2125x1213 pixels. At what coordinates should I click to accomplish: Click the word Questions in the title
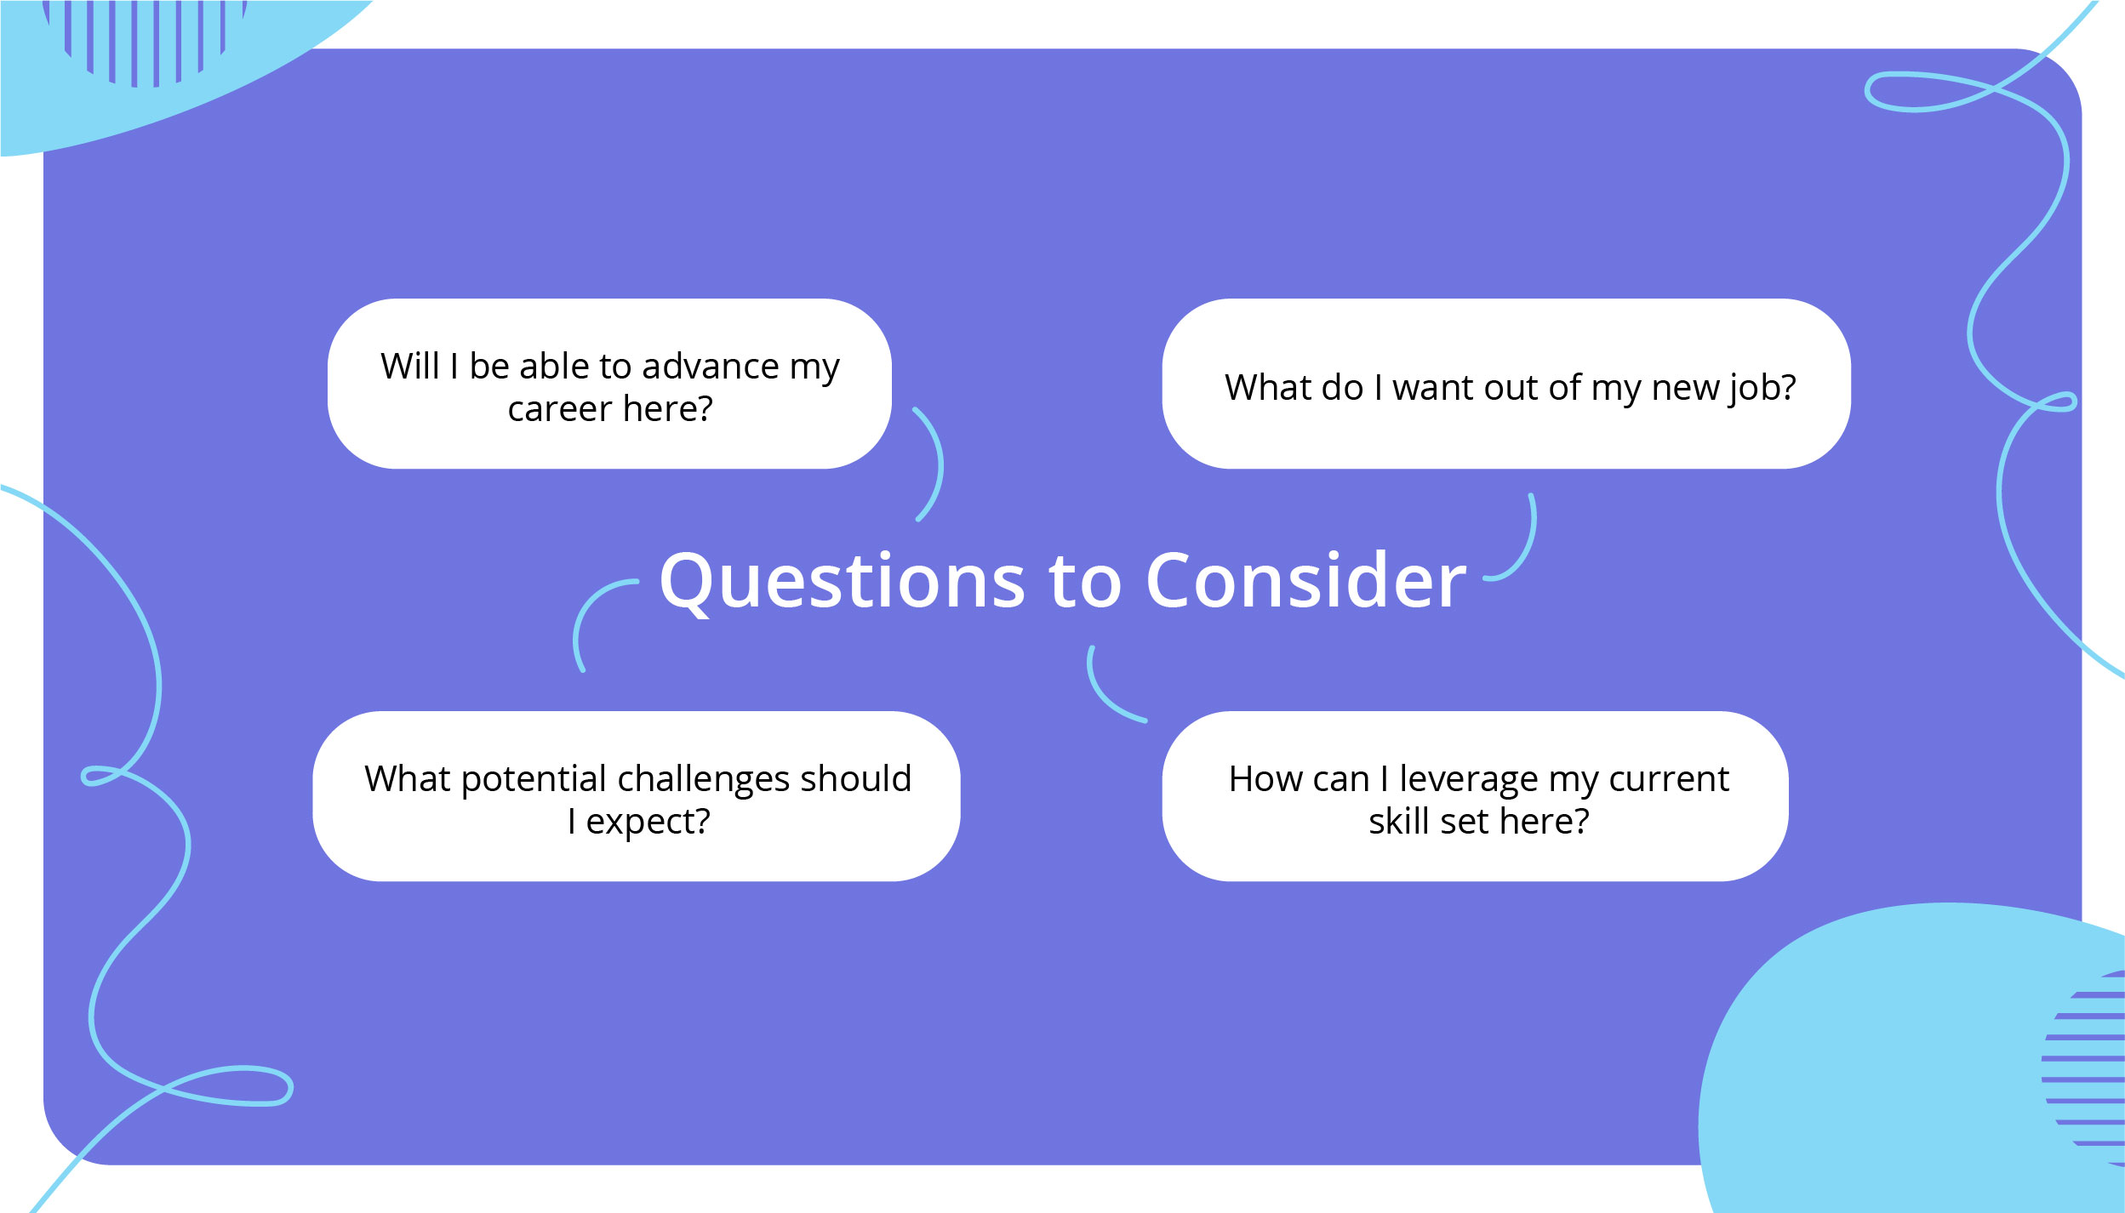point(843,584)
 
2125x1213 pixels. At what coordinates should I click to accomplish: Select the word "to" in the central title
point(1086,584)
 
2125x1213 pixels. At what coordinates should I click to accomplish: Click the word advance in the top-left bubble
point(711,366)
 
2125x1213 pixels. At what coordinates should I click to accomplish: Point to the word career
point(560,409)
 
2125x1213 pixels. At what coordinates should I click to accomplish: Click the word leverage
point(1469,780)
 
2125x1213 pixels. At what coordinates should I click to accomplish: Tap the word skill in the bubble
point(1398,821)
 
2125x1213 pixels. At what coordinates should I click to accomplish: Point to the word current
point(1669,780)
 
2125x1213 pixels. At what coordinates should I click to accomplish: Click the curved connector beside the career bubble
point(940,464)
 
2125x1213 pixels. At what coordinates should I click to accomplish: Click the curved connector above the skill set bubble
point(1100,696)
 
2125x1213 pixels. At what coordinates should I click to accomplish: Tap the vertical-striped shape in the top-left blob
point(145,43)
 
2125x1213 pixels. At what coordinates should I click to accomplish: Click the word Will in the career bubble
point(410,366)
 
